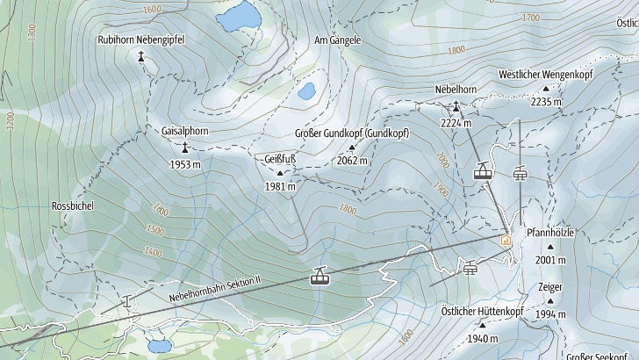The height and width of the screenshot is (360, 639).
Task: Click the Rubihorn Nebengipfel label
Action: (x=140, y=40)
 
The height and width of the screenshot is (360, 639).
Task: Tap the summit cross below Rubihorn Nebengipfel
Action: (x=140, y=56)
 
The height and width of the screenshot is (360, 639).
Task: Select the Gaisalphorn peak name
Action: (x=185, y=131)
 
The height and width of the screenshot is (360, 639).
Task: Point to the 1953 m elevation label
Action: (x=185, y=164)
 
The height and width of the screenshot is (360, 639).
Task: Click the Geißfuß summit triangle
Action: (x=280, y=173)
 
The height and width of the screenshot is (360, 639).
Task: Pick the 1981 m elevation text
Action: (x=280, y=186)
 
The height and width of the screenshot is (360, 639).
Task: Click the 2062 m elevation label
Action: (x=351, y=161)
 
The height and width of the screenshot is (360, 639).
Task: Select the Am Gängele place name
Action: (x=338, y=41)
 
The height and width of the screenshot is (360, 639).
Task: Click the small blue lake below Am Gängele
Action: (x=306, y=90)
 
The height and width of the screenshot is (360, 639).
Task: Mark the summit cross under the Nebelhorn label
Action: (x=456, y=106)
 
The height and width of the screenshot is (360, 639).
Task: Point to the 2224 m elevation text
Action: (x=456, y=123)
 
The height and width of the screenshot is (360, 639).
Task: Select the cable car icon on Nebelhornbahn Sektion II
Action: (x=319, y=277)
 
